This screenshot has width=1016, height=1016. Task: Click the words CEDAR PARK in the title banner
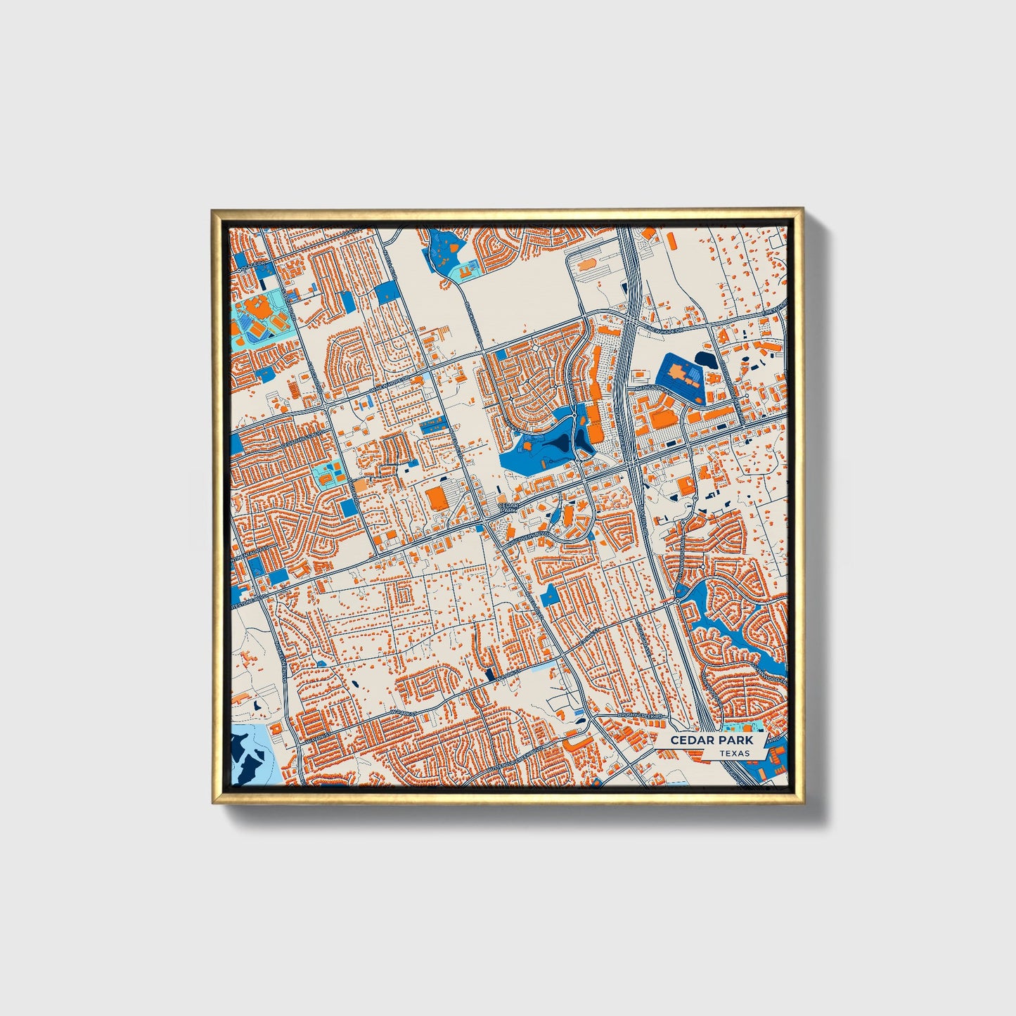(x=711, y=740)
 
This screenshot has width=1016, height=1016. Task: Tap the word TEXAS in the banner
(x=734, y=753)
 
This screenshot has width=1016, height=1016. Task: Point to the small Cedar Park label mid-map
(x=507, y=507)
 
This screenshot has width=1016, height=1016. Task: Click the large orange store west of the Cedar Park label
(x=437, y=497)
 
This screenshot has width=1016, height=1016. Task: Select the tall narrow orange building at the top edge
(x=672, y=241)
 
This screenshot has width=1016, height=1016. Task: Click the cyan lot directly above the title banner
(x=738, y=727)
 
